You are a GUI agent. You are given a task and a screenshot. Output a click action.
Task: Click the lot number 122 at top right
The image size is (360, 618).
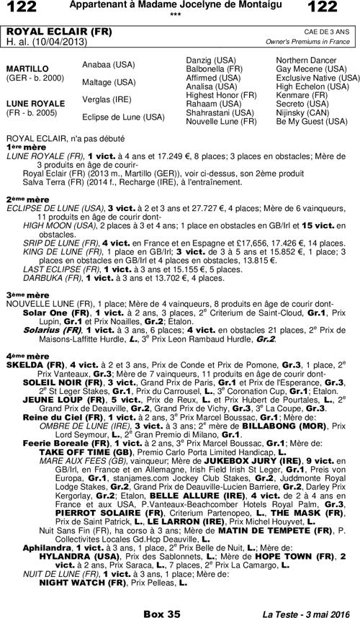336,7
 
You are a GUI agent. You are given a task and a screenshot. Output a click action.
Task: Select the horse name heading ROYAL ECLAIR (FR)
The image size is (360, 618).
46,32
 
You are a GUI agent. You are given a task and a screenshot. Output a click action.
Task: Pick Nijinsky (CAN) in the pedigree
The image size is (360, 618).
300,112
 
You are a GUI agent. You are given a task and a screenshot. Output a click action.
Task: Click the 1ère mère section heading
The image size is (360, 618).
25,146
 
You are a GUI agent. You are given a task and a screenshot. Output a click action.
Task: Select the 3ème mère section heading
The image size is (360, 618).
26,295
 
